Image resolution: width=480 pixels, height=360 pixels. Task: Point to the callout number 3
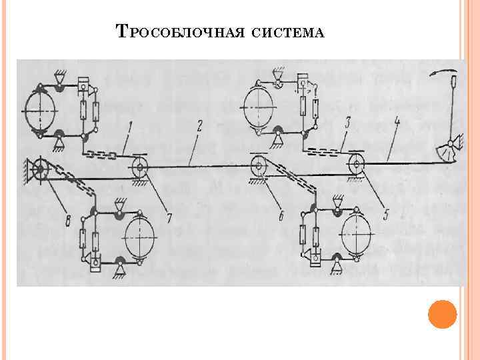coord(347,123)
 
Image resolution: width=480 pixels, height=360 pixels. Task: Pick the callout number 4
coord(397,123)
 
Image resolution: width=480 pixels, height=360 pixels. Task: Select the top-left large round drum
coord(41,110)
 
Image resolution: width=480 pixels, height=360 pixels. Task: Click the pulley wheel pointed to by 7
coord(141,166)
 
